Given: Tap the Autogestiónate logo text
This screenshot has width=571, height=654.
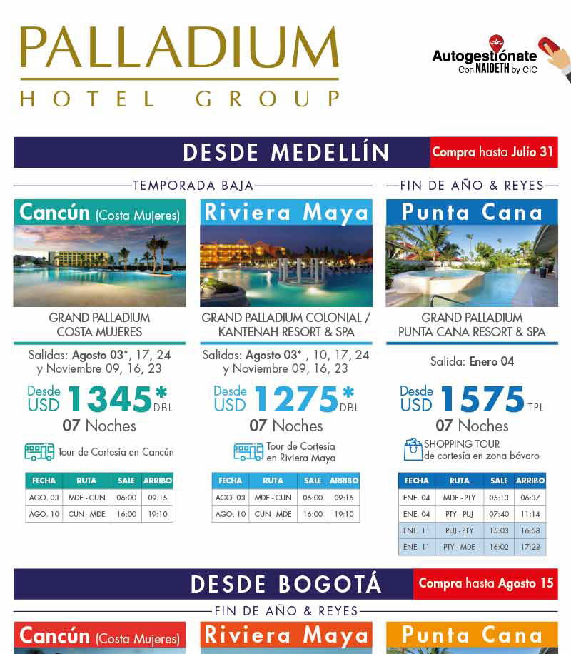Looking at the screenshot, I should [484, 56].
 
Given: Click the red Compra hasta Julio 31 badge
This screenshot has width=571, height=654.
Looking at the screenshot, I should [493, 153].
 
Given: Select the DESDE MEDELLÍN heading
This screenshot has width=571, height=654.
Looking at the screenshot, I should [285, 153].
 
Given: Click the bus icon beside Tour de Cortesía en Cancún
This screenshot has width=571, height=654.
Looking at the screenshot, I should [39, 452].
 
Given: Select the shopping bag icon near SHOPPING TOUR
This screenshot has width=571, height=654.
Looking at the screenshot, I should [413, 449].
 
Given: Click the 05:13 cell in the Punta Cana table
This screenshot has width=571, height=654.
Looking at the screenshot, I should [500, 498].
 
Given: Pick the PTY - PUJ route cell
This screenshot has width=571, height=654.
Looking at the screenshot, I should [460, 514].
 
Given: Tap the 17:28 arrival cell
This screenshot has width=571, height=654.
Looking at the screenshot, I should [530, 547].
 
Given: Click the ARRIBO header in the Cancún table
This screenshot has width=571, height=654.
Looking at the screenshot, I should [157, 481].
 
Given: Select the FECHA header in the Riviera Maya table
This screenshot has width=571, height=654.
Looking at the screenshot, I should [230, 481].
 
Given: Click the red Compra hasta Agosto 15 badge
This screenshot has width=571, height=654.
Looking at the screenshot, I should [485, 583].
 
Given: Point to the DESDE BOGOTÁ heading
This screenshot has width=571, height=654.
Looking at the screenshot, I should [285, 584].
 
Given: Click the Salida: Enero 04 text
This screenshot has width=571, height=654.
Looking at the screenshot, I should [472, 361].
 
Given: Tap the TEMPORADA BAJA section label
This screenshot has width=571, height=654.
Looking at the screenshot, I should [193, 186].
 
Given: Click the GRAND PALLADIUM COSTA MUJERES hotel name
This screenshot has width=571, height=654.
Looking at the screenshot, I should [99, 324].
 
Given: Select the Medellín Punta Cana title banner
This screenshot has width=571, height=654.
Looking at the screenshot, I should [472, 212].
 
